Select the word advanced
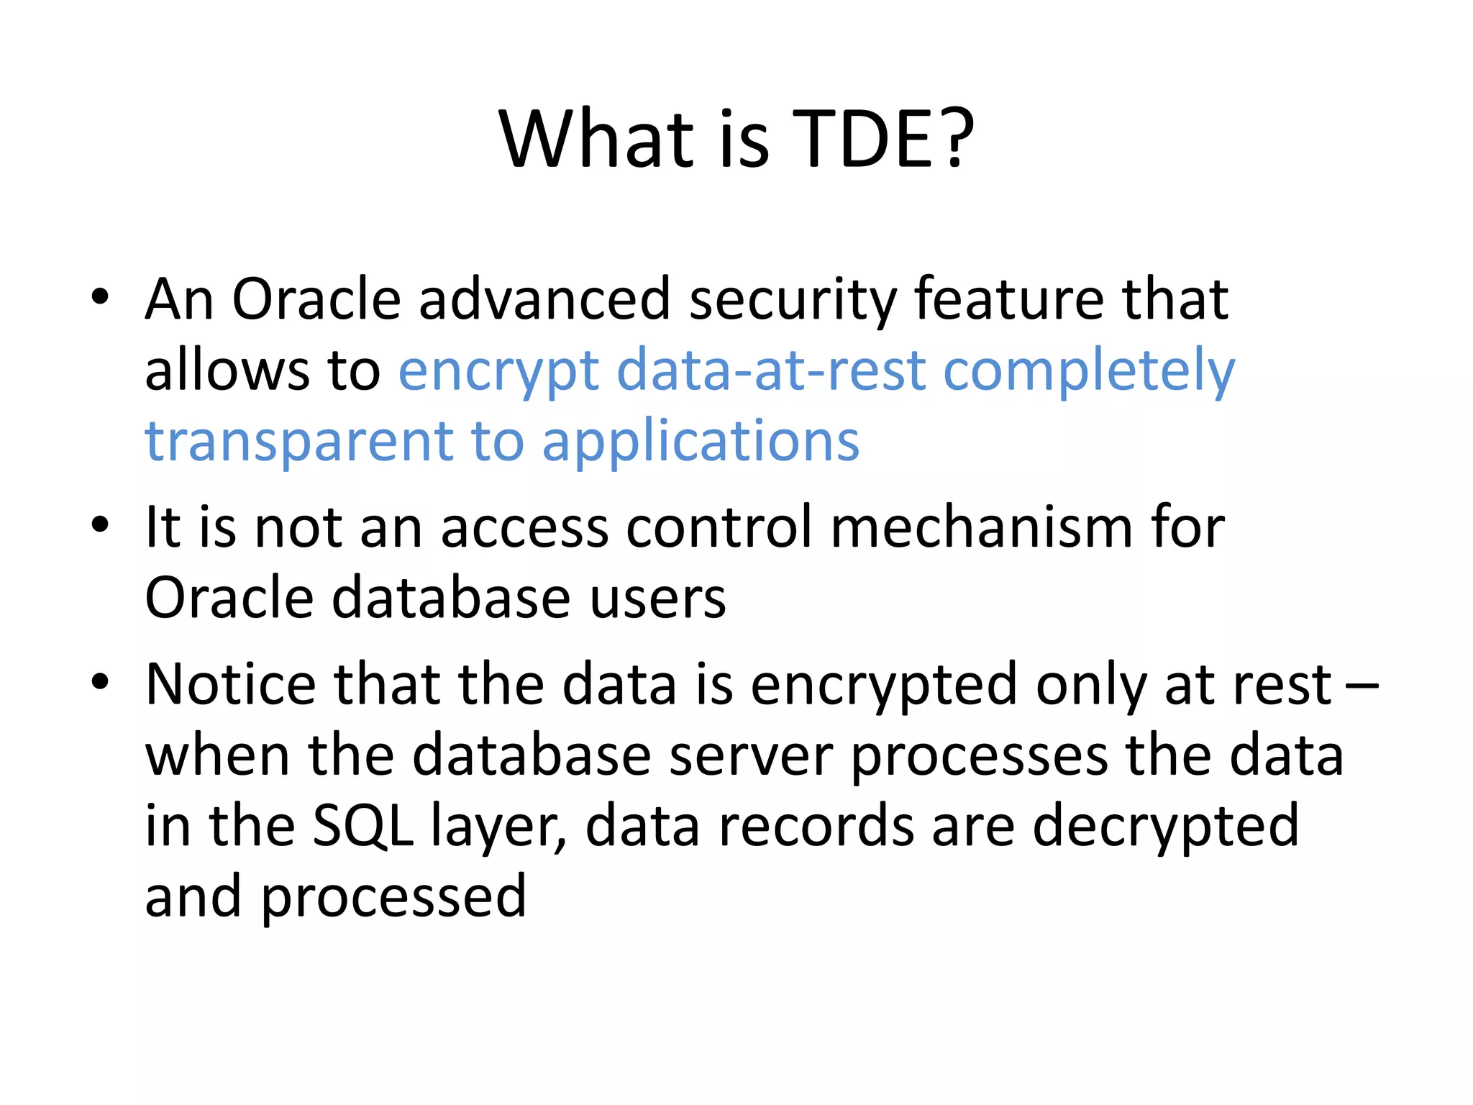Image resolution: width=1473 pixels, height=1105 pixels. (x=544, y=299)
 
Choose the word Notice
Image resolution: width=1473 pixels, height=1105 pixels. (x=230, y=683)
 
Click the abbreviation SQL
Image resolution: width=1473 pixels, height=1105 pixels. (x=363, y=826)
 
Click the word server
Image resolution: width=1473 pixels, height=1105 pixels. (x=751, y=755)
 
